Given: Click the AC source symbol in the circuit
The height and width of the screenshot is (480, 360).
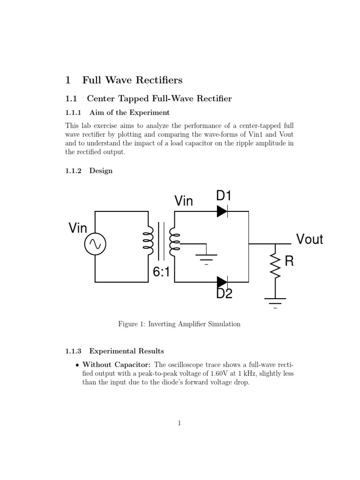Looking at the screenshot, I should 95,244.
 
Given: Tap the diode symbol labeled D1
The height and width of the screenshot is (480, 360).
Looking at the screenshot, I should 222,211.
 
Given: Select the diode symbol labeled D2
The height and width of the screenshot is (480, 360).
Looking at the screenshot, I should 222,282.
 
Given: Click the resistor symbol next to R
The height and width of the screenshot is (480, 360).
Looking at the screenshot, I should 275,266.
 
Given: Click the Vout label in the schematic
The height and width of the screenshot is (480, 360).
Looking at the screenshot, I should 309,240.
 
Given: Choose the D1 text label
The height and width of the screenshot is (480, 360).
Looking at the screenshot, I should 224,195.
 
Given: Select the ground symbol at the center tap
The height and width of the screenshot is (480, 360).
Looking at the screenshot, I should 206,258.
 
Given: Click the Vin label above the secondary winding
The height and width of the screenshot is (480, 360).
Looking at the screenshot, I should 184,202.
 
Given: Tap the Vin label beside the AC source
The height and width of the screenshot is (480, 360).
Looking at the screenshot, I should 78,229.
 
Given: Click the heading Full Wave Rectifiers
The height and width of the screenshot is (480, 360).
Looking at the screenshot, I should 132,80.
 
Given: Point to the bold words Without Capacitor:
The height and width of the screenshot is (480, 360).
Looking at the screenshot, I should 117,365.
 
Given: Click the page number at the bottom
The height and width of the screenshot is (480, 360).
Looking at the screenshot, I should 179,423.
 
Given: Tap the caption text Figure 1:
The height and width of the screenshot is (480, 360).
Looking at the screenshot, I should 134,324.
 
